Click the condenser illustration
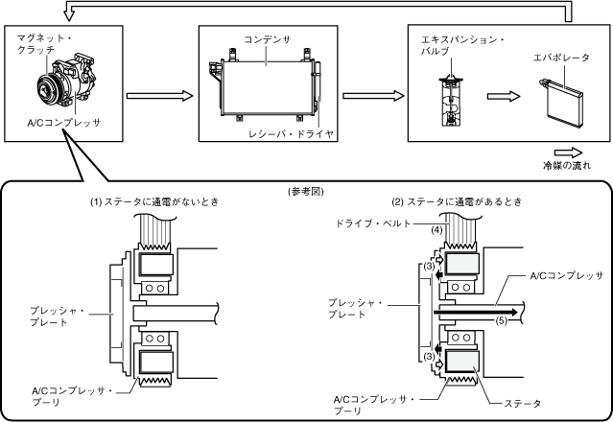tap(265, 85)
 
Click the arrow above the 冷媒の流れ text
tap(567, 152)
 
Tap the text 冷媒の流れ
tap(567, 166)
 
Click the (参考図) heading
tap(306, 191)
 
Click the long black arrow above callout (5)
tap(474, 312)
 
